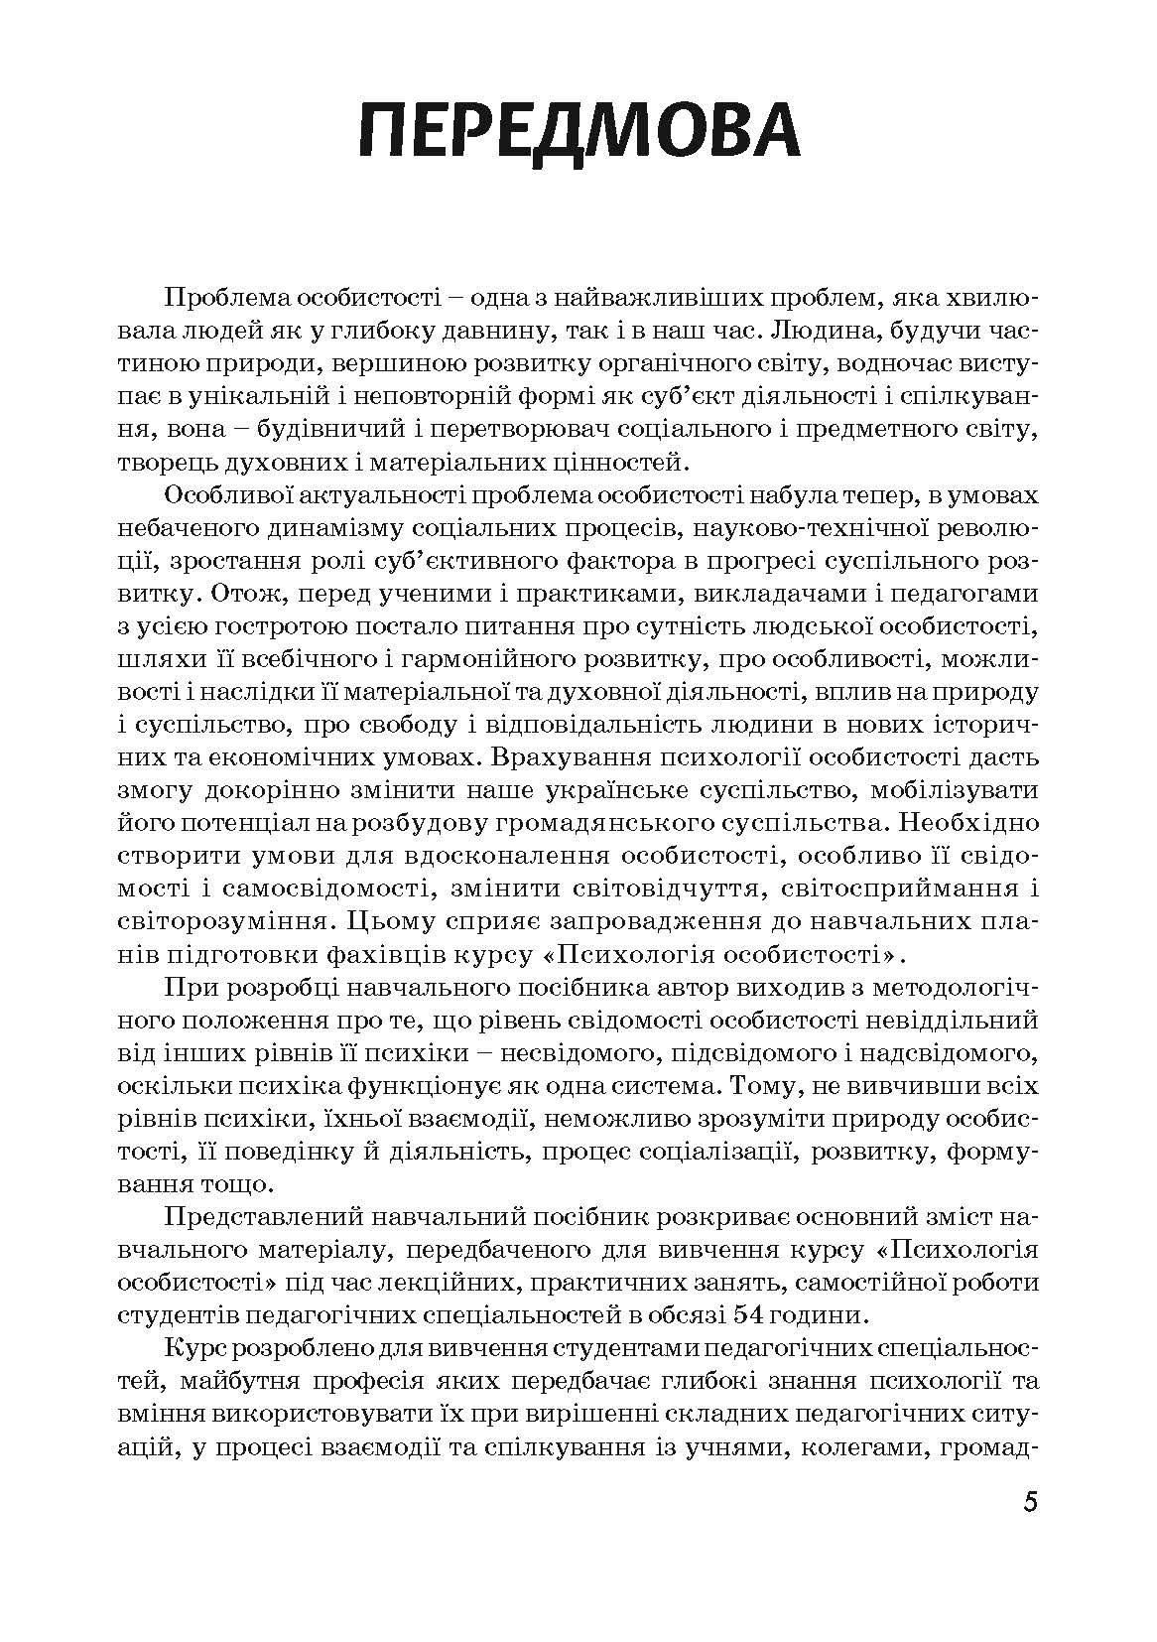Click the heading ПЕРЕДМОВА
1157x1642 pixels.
click(x=578, y=131)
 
